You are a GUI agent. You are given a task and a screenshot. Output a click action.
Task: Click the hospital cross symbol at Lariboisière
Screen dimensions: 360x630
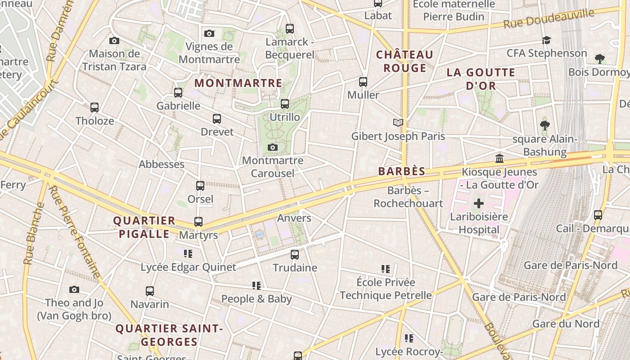point(479,203)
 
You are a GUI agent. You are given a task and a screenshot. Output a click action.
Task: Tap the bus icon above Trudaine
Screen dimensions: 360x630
point(295,255)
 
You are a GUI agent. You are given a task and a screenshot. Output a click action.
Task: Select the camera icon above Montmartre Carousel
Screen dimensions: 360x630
point(272,147)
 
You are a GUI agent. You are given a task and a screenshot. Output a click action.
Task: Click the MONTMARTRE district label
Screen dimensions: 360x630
point(238,83)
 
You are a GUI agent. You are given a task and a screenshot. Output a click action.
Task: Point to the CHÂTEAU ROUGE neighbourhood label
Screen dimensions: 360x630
point(405,61)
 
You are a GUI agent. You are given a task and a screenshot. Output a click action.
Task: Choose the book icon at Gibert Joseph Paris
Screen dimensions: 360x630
point(398,122)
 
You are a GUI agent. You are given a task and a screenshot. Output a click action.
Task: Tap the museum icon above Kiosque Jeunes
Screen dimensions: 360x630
point(499,158)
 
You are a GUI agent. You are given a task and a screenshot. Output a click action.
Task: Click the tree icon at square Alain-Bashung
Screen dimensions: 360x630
point(544,126)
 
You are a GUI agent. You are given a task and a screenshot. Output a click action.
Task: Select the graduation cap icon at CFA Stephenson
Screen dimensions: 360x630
point(546,40)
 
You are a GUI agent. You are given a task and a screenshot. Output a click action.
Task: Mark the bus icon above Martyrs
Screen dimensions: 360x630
point(198,222)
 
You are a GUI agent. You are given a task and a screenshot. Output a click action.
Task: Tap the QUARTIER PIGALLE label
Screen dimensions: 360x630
point(144,227)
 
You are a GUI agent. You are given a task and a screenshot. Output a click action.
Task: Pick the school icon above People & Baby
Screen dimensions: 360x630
point(256,286)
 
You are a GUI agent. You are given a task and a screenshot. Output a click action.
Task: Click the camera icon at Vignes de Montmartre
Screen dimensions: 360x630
point(209,33)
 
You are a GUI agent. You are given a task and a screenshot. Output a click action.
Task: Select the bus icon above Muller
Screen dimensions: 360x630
point(363,82)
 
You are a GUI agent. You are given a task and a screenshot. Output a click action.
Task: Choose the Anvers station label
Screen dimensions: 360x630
point(294,218)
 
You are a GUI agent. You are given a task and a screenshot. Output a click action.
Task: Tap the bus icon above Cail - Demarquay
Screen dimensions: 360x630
point(598,215)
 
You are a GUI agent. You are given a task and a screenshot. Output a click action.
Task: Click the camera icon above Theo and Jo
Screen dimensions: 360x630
point(74,289)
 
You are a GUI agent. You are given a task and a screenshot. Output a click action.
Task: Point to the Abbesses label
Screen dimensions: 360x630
point(162,164)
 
